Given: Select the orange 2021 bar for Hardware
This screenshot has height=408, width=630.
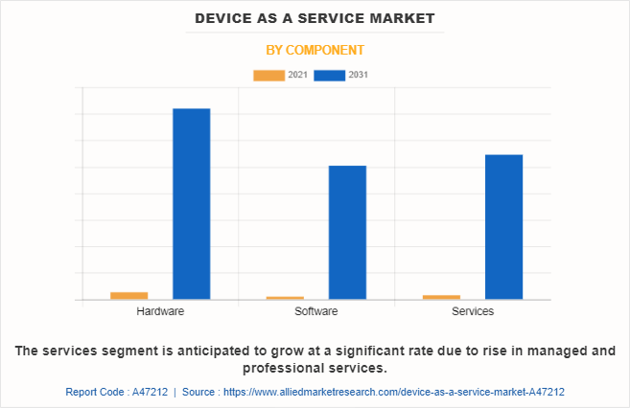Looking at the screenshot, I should [x=128, y=295].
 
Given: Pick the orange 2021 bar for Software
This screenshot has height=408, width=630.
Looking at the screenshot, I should [x=285, y=297].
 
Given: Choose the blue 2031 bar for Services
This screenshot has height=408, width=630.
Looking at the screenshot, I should [x=503, y=226].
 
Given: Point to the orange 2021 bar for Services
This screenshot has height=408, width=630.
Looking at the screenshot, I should [x=441, y=296].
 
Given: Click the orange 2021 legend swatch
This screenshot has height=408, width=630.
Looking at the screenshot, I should [x=268, y=75].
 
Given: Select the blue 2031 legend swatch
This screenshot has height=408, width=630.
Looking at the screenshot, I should [x=329, y=75].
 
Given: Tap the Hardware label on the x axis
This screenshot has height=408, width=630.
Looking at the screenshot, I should [x=160, y=312].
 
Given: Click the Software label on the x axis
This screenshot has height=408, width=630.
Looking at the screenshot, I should [x=315, y=312].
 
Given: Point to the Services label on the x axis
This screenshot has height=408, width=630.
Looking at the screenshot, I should [x=473, y=312].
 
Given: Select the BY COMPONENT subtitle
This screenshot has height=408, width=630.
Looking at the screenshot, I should [x=315, y=50].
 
